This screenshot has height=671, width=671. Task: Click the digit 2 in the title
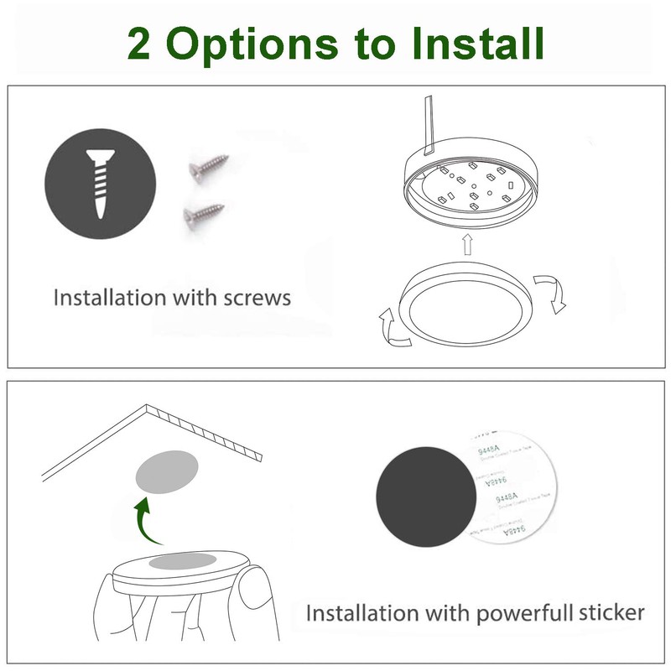click(x=140, y=43)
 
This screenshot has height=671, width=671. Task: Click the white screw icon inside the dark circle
click(x=100, y=186)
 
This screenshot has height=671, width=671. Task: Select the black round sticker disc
click(x=424, y=495)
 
